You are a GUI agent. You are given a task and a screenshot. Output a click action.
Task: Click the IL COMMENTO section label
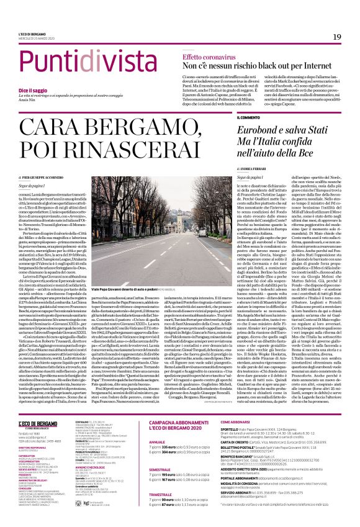(249, 118)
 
